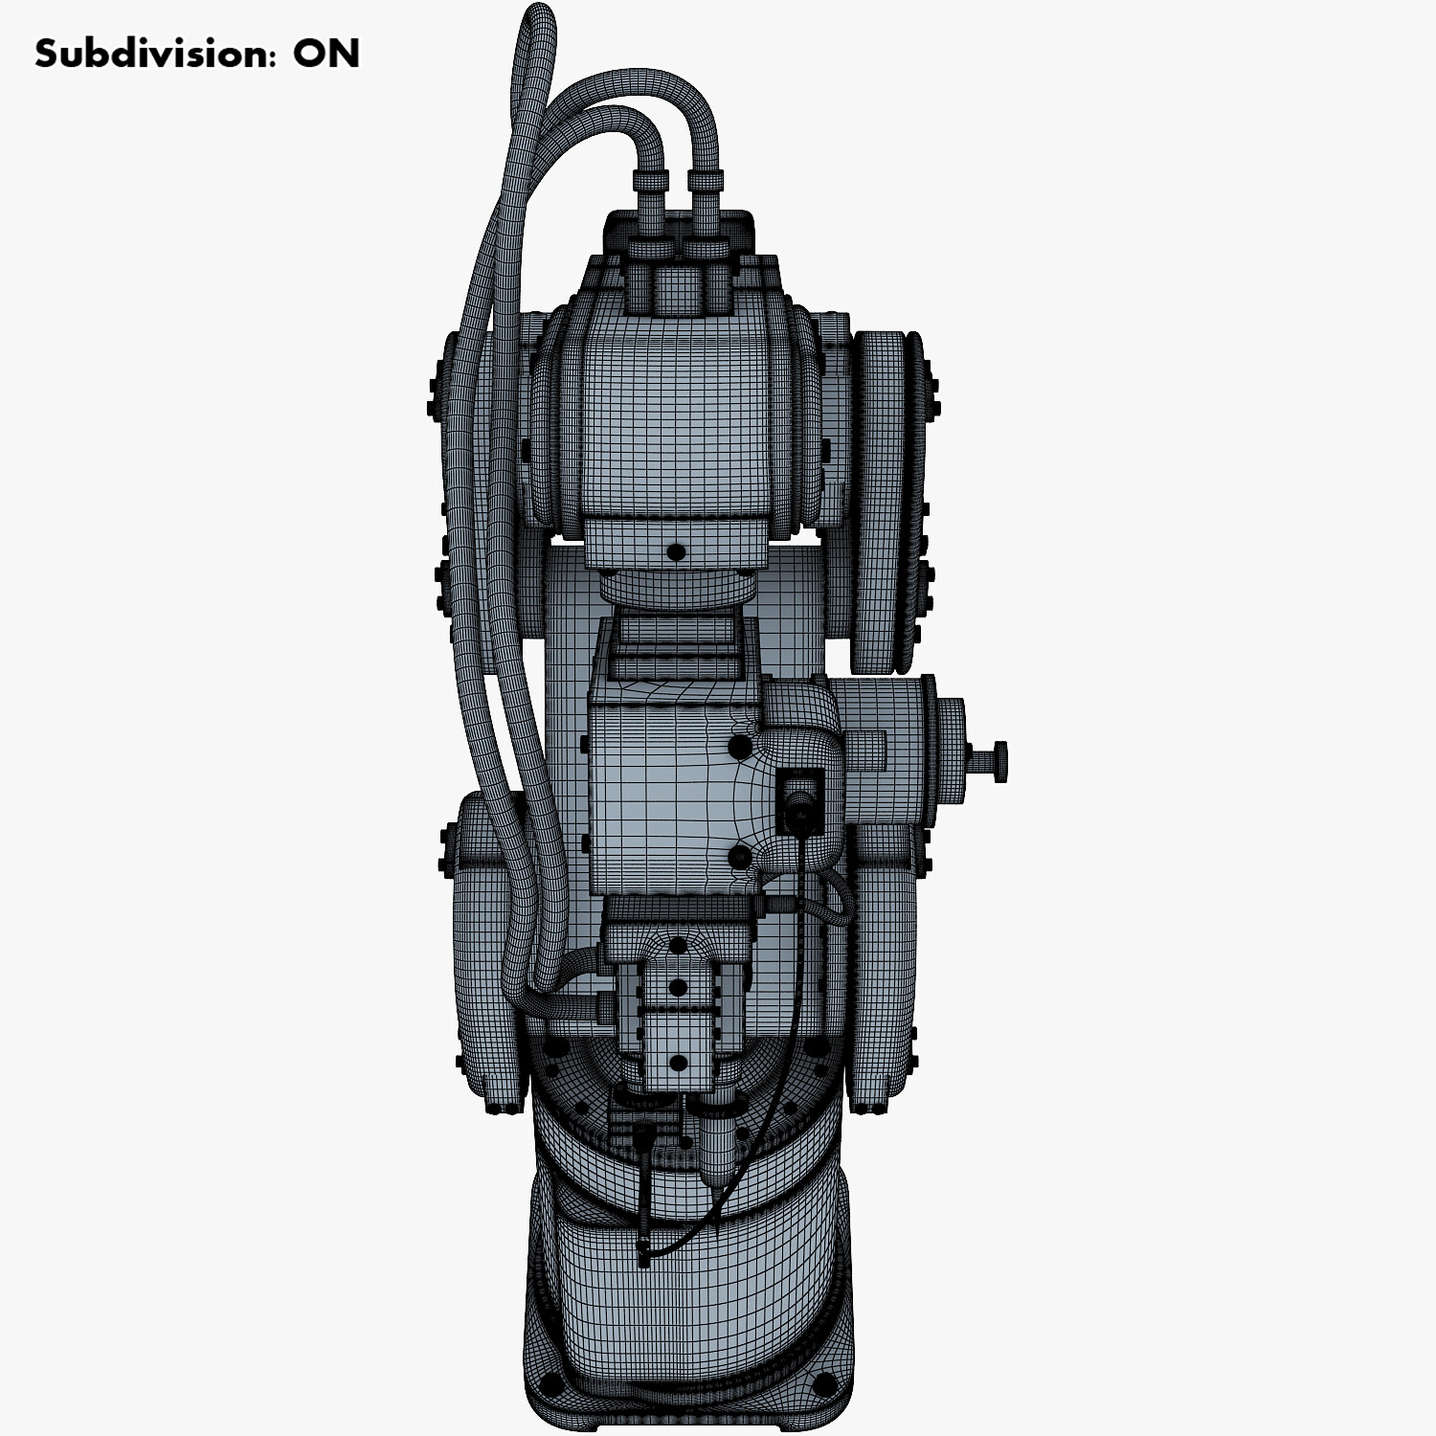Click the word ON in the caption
pyautogui.click(x=326, y=54)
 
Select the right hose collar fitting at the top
pyautogui.click(x=706, y=181)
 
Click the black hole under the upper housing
pyautogui.click(x=676, y=551)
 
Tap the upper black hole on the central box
pyautogui.click(x=739, y=746)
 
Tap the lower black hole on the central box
pyautogui.click(x=739, y=856)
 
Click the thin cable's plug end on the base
pyautogui.click(x=643, y=1250)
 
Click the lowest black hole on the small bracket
pyautogui.click(x=678, y=1063)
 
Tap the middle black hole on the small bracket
pyautogui.click(x=678, y=988)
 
